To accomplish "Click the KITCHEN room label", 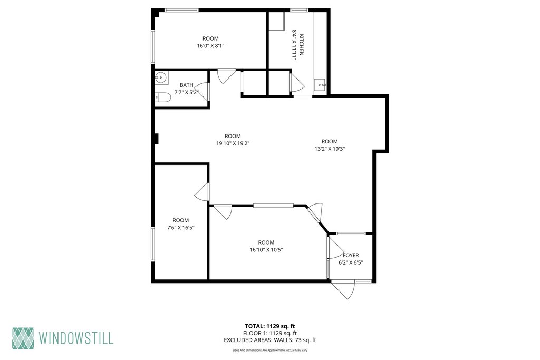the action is pyautogui.click(x=301, y=45).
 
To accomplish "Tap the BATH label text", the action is pyautogui.click(x=186, y=85).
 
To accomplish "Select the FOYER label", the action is pyautogui.click(x=351, y=255).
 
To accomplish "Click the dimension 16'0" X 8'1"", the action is pyautogui.click(x=210, y=45).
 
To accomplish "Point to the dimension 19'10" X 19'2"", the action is pyautogui.click(x=233, y=143).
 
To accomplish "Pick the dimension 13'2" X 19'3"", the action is pyautogui.click(x=330, y=149).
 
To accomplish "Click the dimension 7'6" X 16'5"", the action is pyautogui.click(x=181, y=228).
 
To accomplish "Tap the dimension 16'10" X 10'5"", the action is pyautogui.click(x=266, y=249).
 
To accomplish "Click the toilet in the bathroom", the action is pyautogui.click(x=162, y=98).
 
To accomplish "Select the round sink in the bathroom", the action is pyautogui.click(x=161, y=78).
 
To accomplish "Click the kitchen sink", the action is pyautogui.click(x=320, y=84).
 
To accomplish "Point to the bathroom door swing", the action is pyautogui.click(x=203, y=91).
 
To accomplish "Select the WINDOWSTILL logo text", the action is pyautogui.click(x=76, y=338).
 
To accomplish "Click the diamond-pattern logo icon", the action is pyautogui.click(x=23, y=338).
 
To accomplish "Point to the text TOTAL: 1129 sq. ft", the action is pyautogui.click(x=270, y=326).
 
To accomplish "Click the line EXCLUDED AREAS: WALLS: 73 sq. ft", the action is pyautogui.click(x=270, y=340).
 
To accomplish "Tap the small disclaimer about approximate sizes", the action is pyautogui.click(x=270, y=350).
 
